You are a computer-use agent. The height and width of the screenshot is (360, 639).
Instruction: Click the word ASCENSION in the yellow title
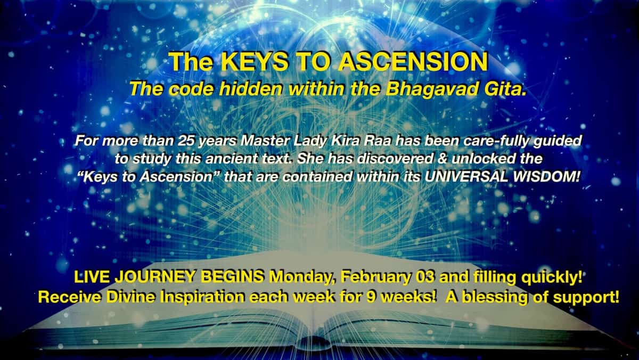pos(413,62)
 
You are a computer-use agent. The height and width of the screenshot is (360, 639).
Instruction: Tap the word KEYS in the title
pos(254,62)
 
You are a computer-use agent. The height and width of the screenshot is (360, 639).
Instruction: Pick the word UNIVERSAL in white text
pos(466,177)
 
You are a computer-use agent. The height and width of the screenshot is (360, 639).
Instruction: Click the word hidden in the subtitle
pos(251,89)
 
